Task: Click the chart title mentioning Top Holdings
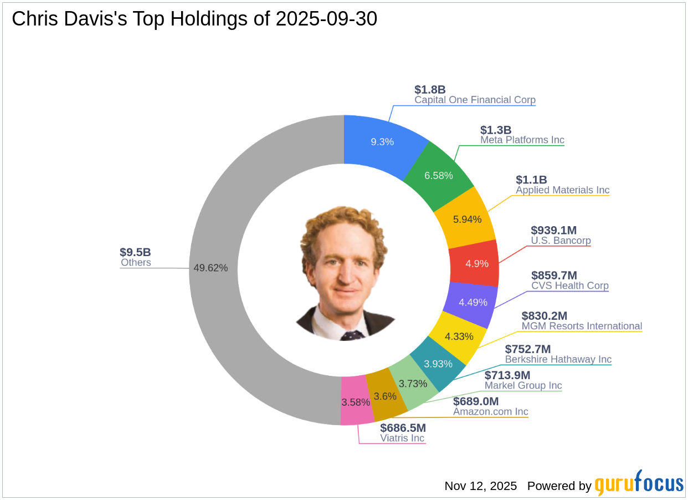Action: [194, 19]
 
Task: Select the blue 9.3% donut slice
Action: [382, 141]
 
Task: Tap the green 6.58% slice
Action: [439, 175]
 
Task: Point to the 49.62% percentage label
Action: [210, 268]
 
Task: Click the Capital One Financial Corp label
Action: [475, 100]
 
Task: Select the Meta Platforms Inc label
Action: [522, 140]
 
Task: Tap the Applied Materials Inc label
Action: [562, 190]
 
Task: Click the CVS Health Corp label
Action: [569, 286]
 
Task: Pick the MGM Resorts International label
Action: [582, 326]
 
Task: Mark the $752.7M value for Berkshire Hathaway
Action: [528, 349]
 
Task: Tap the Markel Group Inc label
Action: [523, 386]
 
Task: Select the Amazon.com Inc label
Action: [490, 412]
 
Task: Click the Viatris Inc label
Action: [402, 438]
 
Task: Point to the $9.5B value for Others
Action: [136, 252]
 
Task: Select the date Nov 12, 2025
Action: [480, 486]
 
